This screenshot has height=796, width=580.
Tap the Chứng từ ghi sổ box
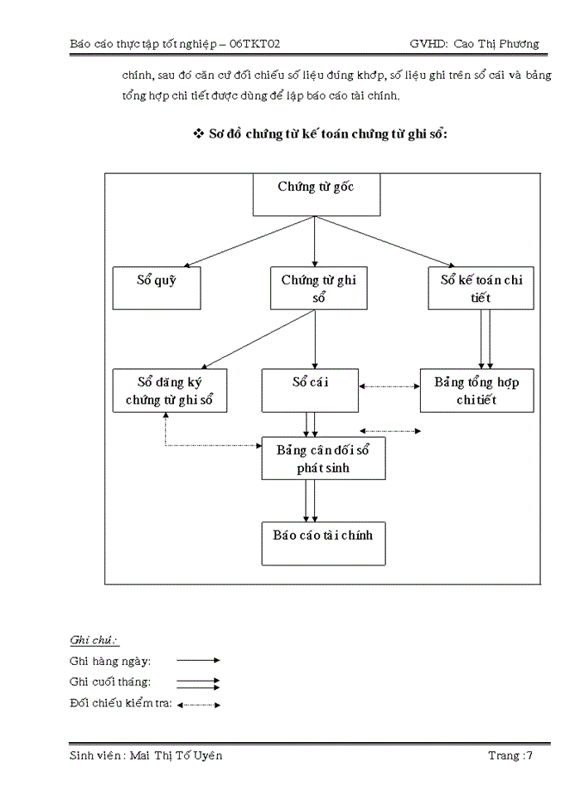[318, 288]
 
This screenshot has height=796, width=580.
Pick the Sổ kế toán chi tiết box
[481, 288]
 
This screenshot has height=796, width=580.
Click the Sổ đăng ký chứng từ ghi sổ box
[170, 391]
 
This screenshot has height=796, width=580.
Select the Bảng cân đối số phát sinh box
[323, 459]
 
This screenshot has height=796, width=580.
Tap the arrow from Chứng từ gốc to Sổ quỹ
[249, 241]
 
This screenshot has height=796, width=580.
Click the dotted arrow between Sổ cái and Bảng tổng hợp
[389, 386]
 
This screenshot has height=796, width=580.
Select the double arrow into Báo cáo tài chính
[310, 500]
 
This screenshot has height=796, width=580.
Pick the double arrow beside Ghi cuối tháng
[198, 683]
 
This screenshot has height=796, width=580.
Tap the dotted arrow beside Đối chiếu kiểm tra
[199, 705]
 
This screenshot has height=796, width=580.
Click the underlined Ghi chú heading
[94, 640]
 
